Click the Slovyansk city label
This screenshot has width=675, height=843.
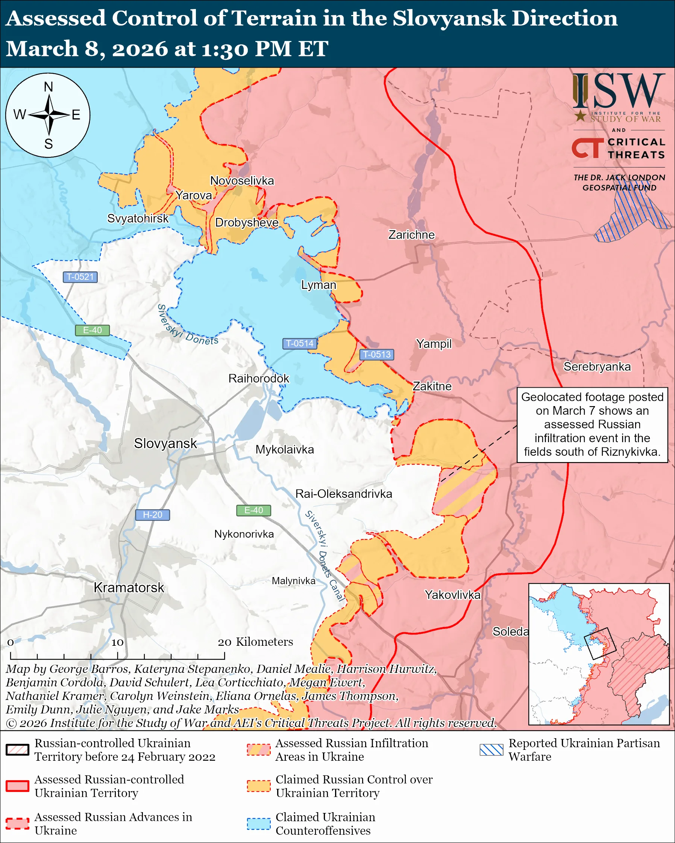[x=165, y=443]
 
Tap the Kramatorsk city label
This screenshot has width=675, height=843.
[x=129, y=588]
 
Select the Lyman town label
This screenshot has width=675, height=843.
[x=318, y=285]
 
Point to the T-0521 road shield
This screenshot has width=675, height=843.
[x=80, y=277]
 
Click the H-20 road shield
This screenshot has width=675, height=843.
[x=152, y=515]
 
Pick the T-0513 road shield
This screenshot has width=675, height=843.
[x=376, y=354]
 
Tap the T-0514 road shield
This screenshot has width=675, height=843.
[x=299, y=343]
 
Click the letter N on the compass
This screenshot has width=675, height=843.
[x=48, y=87]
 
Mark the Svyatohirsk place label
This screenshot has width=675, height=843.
[x=138, y=218]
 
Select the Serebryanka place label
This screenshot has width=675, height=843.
[x=597, y=366]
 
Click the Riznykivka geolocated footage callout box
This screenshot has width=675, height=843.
[x=592, y=425]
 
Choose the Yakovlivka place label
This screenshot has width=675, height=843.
[x=452, y=595]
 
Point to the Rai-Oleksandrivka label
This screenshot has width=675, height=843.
[x=344, y=494]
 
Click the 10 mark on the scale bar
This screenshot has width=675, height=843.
[x=117, y=642]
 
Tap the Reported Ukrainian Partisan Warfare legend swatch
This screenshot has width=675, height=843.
[x=491, y=749]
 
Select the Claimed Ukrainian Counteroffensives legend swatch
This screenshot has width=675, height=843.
[x=259, y=823]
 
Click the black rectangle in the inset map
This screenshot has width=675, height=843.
[x=600, y=644]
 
